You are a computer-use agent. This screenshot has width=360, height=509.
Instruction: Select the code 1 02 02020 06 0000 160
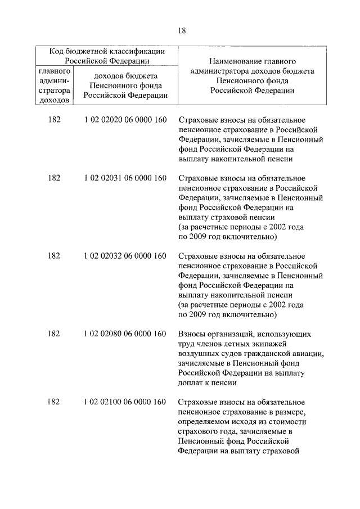pos(125,120)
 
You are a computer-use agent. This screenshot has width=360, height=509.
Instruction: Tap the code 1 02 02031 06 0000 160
pos(125,178)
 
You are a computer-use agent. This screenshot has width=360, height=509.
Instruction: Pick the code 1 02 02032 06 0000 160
pos(125,256)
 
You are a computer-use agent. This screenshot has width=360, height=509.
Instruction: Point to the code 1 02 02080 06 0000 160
pos(125,334)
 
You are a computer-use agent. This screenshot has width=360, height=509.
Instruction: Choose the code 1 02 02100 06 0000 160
pos(125,402)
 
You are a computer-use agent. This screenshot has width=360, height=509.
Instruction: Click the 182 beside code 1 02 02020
pos(54,120)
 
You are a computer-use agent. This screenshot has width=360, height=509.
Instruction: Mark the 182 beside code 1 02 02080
pos(54,334)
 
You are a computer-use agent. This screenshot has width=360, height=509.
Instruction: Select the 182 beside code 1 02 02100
pos(54,402)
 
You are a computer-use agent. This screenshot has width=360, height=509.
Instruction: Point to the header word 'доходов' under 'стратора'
pos(55,100)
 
